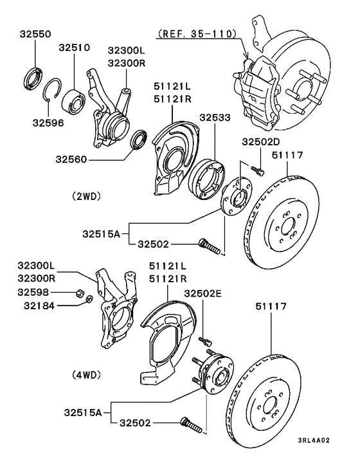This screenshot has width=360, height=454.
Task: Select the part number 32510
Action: [75, 47]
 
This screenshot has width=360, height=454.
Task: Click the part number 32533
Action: [213, 118]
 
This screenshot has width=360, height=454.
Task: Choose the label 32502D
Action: [260, 142]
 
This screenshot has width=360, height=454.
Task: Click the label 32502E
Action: [203, 294]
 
